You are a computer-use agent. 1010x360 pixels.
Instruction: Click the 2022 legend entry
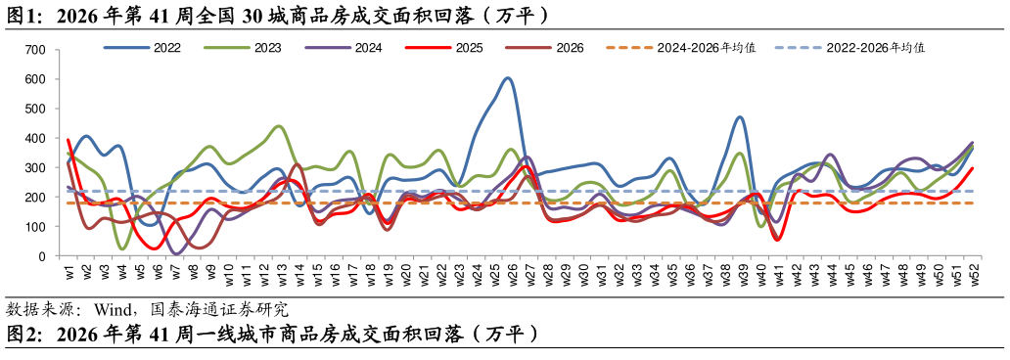(142, 48)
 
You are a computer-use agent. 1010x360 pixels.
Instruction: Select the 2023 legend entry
(242, 48)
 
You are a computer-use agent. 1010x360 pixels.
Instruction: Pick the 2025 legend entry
(444, 48)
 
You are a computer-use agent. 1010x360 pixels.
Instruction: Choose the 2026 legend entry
(545, 48)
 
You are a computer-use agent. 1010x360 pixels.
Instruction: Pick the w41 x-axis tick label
(772, 271)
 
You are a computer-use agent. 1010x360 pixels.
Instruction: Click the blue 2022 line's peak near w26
(508, 78)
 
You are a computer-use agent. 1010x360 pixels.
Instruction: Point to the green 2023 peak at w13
(278, 126)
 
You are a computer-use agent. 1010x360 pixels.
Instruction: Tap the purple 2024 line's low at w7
(176, 253)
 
